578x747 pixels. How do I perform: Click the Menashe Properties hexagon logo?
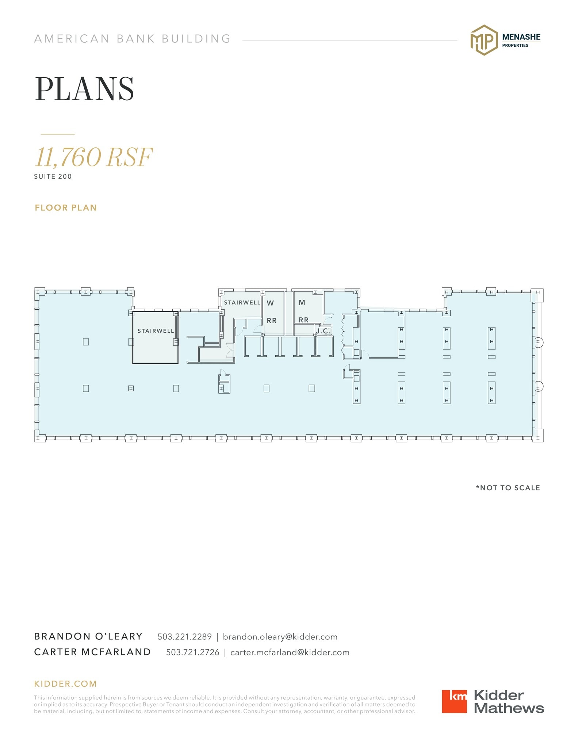483,40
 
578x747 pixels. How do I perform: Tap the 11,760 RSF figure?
93,157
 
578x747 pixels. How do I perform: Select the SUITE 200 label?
53,177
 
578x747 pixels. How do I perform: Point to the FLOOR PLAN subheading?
66,208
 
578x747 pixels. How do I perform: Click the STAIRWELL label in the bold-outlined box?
156,331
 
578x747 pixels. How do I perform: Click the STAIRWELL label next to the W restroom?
242,302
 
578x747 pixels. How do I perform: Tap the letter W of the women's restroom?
270,303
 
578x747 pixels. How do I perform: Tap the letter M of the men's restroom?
302,302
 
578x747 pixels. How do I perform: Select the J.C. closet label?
323,331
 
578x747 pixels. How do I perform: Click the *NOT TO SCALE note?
508,488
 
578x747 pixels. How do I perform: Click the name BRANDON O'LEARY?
88,636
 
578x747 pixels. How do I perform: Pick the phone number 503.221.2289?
184,636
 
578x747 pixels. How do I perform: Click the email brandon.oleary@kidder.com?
280,636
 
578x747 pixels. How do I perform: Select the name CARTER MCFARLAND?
92,652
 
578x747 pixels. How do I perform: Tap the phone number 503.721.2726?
192,652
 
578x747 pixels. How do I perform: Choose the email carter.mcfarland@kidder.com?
290,652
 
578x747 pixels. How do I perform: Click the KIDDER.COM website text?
65,684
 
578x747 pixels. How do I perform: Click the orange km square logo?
454,701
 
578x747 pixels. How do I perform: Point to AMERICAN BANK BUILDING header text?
133,39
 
